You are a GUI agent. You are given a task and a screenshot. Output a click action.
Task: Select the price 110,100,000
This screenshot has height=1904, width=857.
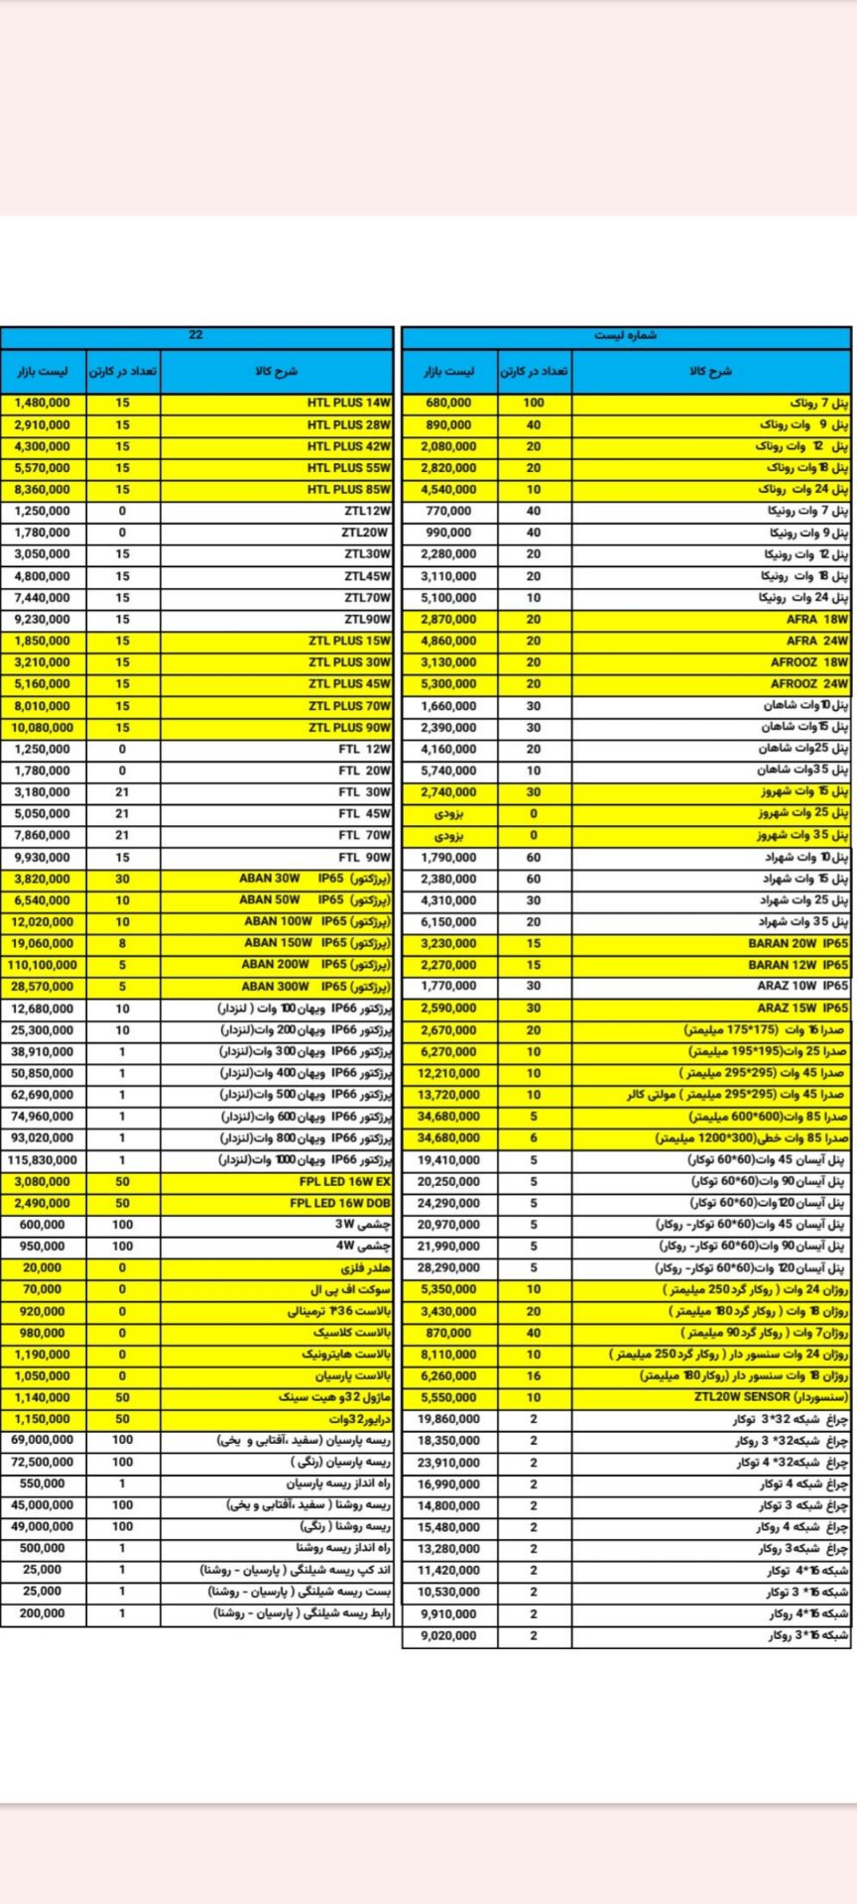(x=43, y=965)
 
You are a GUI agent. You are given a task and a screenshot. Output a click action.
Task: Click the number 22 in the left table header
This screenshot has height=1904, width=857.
(x=195, y=335)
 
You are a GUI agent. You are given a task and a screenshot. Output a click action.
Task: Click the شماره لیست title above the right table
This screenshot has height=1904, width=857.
(x=626, y=336)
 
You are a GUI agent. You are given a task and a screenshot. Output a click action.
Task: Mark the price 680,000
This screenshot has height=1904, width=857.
(x=448, y=404)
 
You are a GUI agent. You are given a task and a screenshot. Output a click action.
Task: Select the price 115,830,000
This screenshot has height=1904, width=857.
(x=43, y=1160)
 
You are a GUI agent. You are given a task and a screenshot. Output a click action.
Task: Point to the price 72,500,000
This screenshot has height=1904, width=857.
(x=43, y=1463)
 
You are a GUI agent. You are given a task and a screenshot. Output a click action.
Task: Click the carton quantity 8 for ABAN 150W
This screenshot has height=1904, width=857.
(x=122, y=944)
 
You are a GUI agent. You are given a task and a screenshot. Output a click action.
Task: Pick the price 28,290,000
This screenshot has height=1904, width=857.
(x=448, y=1268)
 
